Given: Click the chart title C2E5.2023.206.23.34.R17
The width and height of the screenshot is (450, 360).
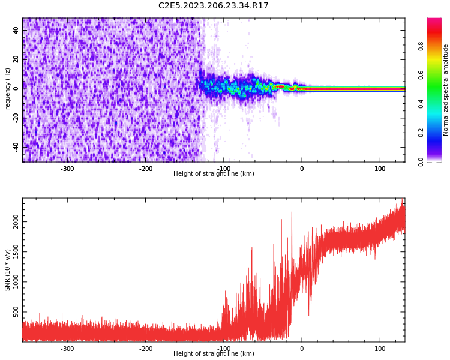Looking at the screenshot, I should point(214,6).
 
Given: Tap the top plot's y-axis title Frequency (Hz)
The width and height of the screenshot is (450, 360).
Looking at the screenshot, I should point(8,90).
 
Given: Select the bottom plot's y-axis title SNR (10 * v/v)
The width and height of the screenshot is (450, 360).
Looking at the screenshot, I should point(8,270).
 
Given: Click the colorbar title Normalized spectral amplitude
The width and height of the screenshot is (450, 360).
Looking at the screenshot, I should point(446,90).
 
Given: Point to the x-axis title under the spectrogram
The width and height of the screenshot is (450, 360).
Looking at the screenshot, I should point(214,174).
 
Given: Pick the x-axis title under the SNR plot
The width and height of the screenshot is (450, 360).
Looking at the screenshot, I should point(214,354).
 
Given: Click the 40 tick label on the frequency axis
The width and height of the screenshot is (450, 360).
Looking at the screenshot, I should point(16,30).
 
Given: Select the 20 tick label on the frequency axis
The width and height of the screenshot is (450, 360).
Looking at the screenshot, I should point(16,59).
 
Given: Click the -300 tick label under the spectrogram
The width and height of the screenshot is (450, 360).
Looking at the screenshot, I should point(67,169).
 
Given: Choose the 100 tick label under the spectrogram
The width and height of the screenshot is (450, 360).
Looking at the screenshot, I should point(380,169).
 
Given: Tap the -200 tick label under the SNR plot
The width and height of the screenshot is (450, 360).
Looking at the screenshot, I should point(146,349).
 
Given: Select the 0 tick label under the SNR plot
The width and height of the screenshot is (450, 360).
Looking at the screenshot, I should point(302,349).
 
